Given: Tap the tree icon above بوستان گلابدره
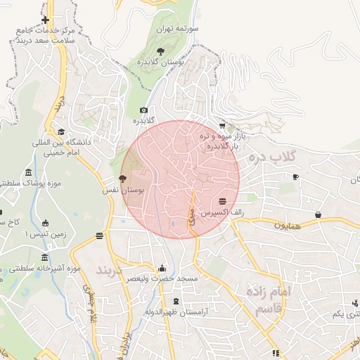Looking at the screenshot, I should click(160, 51).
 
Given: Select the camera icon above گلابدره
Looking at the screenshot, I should click(143, 110).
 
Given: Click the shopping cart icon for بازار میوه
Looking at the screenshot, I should click(222, 125).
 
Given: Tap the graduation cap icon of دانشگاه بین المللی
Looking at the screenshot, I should click(61, 131).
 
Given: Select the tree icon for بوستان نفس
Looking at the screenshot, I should click(123, 179).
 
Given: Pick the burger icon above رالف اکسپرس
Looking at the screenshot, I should click(222, 200).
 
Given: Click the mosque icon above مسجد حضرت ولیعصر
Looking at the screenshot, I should click(162, 268).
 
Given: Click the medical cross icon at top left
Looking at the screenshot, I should click(45, 20).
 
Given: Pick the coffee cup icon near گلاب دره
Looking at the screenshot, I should click(295, 176).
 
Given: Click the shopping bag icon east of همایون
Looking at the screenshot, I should click(318, 214).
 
